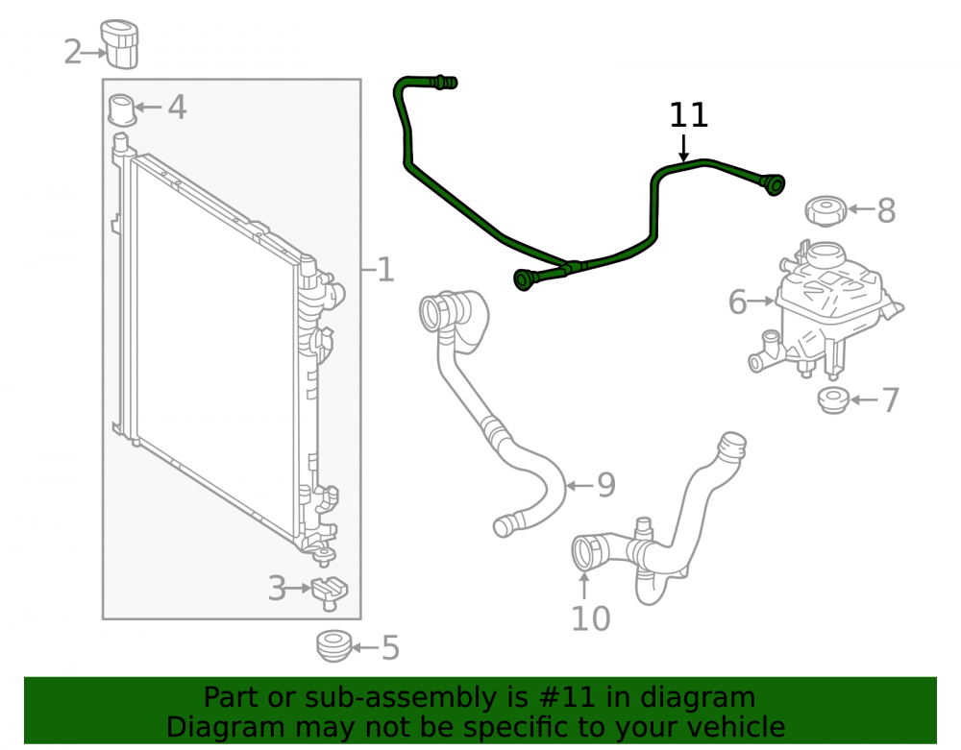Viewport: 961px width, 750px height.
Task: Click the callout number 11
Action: pos(688,115)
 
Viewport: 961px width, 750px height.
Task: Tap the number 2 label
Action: pos(72,52)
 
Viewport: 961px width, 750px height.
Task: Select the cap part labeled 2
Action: pos(120,44)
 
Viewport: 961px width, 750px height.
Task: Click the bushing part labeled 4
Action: pos(121,110)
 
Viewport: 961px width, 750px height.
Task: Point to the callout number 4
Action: pos(177,108)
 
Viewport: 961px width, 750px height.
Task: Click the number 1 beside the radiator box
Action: pos(385,270)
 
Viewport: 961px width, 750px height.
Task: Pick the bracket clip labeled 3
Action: pos(330,593)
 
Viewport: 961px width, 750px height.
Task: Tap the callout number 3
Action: pos(277,589)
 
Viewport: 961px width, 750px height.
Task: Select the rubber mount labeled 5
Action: pos(334,646)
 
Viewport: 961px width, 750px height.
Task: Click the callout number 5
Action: pos(390,648)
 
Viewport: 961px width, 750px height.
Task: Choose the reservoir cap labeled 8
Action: pos(825,210)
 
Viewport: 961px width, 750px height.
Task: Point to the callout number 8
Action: pos(886,210)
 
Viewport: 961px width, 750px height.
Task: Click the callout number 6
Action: pos(737,302)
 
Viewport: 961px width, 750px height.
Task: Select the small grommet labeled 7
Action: pos(833,400)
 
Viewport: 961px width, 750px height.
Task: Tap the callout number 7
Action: pos(891,400)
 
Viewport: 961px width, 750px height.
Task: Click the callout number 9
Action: pos(605,486)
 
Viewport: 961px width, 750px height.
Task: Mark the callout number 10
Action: pos(591,618)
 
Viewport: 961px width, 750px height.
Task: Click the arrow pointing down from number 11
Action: pos(683,148)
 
